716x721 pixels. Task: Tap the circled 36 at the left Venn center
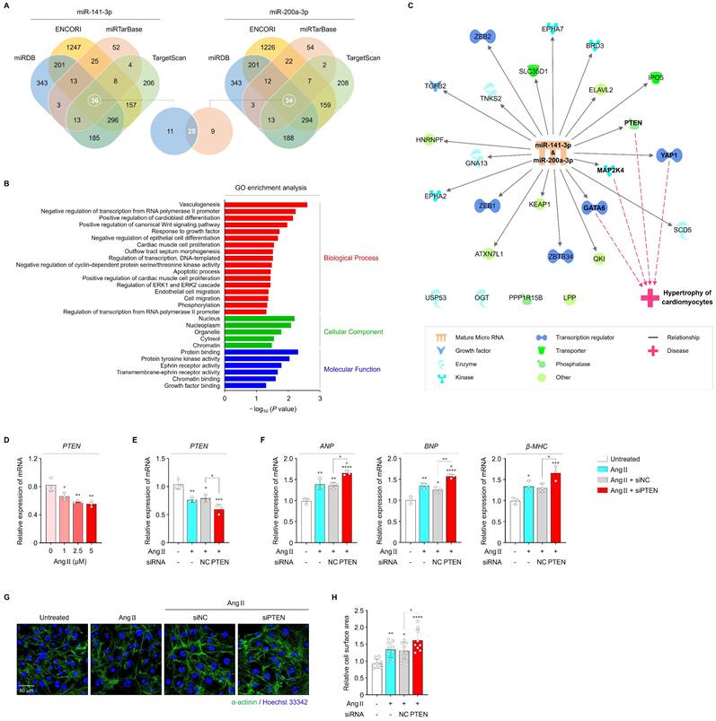pos(93,100)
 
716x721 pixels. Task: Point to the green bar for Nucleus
pos(260,318)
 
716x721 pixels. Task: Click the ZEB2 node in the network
pos(482,36)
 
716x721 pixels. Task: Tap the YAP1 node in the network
pos(669,154)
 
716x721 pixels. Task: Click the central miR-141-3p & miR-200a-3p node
pos(553,152)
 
